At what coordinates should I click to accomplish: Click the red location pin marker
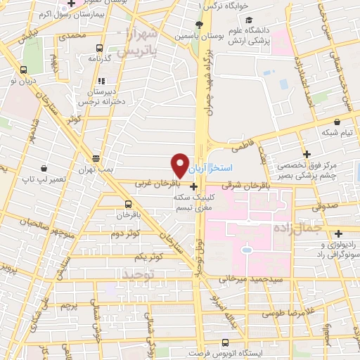(x=181, y=165)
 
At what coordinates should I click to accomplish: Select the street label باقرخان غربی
(x=153, y=184)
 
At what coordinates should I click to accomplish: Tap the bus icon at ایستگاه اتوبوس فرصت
(x=225, y=343)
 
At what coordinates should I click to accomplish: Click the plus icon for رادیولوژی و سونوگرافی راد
(x=339, y=233)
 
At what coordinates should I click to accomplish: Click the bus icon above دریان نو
(x=24, y=70)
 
